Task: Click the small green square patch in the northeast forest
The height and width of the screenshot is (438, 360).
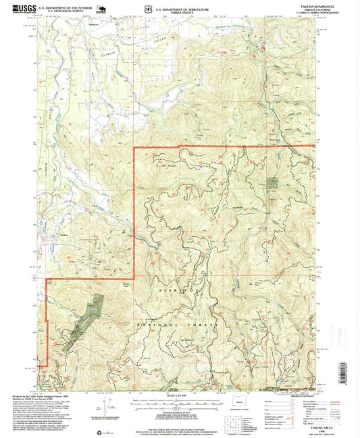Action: tap(272, 182)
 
